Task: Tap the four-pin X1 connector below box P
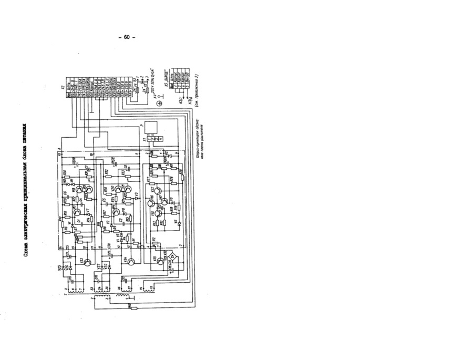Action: (157, 139)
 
